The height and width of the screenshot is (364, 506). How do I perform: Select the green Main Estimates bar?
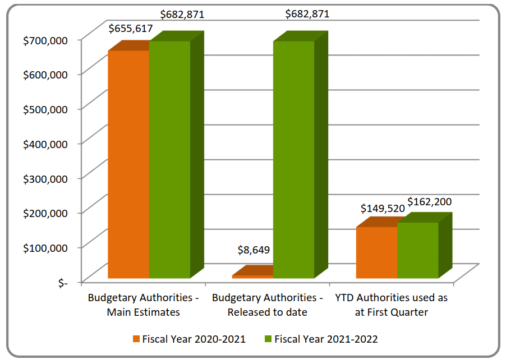coord(169,159)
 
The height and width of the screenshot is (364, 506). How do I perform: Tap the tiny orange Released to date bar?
coord(252,276)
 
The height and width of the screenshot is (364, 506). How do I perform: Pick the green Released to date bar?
coord(294,159)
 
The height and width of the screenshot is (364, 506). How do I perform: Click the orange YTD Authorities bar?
coord(377,252)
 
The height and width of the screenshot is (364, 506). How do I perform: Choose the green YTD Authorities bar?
coord(418,250)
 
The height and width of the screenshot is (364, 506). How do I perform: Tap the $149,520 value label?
coord(381,209)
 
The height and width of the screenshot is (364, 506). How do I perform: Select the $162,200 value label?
coord(429,201)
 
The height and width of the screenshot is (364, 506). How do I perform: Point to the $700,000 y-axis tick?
coord(45,39)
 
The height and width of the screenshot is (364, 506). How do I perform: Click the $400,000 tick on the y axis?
coord(45,143)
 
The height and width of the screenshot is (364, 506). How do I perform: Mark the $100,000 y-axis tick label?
coord(45,247)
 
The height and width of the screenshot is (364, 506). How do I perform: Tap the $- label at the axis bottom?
coord(62,282)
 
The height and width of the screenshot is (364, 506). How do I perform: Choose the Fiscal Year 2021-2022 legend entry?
coord(321,339)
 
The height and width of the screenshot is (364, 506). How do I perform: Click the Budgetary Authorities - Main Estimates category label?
coord(143,305)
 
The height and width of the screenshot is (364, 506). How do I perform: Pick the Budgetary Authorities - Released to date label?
coord(268,305)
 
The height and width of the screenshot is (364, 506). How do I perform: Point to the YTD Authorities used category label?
coord(391,305)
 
